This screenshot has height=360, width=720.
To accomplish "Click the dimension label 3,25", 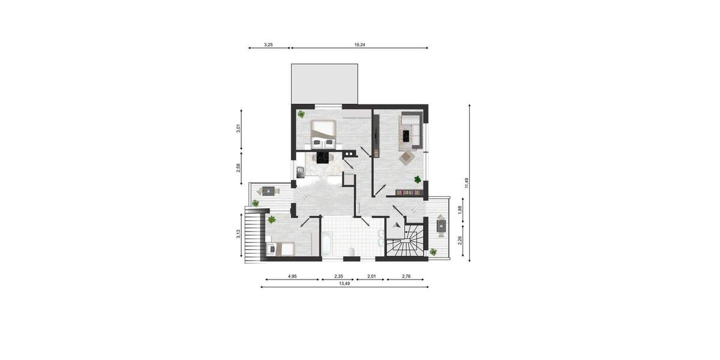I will click(x=269, y=44).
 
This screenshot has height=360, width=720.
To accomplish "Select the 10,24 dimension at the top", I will click(x=359, y=44).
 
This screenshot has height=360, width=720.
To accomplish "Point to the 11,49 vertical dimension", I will click(x=466, y=183).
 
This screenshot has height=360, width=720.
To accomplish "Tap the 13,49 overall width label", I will click(x=344, y=283).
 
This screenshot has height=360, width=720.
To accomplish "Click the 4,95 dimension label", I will click(x=292, y=276).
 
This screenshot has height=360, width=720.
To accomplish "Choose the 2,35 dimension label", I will click(x=339, y=276).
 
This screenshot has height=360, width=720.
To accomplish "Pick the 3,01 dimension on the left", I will click(x=238, y=128).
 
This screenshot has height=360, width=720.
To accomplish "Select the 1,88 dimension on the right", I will click(x=460, y=209).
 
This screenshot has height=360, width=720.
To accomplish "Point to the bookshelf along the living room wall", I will click(x=408, y=193).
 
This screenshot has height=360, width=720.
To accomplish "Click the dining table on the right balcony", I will click(x=442, y=227).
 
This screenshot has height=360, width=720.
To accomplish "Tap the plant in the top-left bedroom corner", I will click(x=301, y=114).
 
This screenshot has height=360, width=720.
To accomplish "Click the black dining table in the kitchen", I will click(x=322, y=157).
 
